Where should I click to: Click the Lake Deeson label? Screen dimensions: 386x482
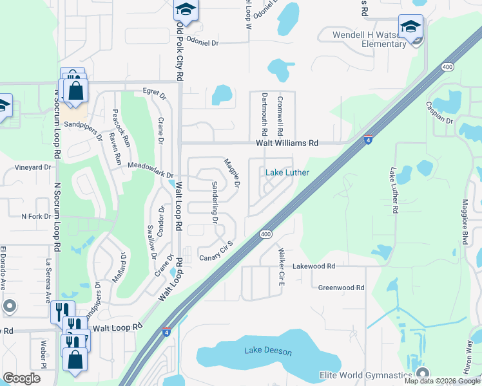click(x=268, y=351)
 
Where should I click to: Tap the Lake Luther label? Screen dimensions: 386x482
click(x=287, y=172)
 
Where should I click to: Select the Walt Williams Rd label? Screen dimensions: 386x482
click(x=287, y=143)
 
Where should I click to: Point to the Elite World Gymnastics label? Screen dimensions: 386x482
click(x=365, y=375)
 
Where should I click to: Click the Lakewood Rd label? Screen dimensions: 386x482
click(x=314, y=266)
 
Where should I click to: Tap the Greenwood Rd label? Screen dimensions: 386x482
click(x=342, y=288)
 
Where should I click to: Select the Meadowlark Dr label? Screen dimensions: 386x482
click(x=151, y=170)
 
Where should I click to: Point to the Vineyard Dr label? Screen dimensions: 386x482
click(x=33, y=167)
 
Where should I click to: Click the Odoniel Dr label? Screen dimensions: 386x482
click(x=203, y=41)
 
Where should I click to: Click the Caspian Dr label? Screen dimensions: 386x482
click(x=440, y=113)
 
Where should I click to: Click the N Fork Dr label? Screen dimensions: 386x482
click(x=36, y=216)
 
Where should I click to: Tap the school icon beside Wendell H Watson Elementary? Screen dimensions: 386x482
click(x=410, y=26)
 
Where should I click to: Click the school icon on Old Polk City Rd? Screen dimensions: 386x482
click(x=185, y=10)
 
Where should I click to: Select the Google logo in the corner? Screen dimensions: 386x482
click(x=21, y=378)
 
